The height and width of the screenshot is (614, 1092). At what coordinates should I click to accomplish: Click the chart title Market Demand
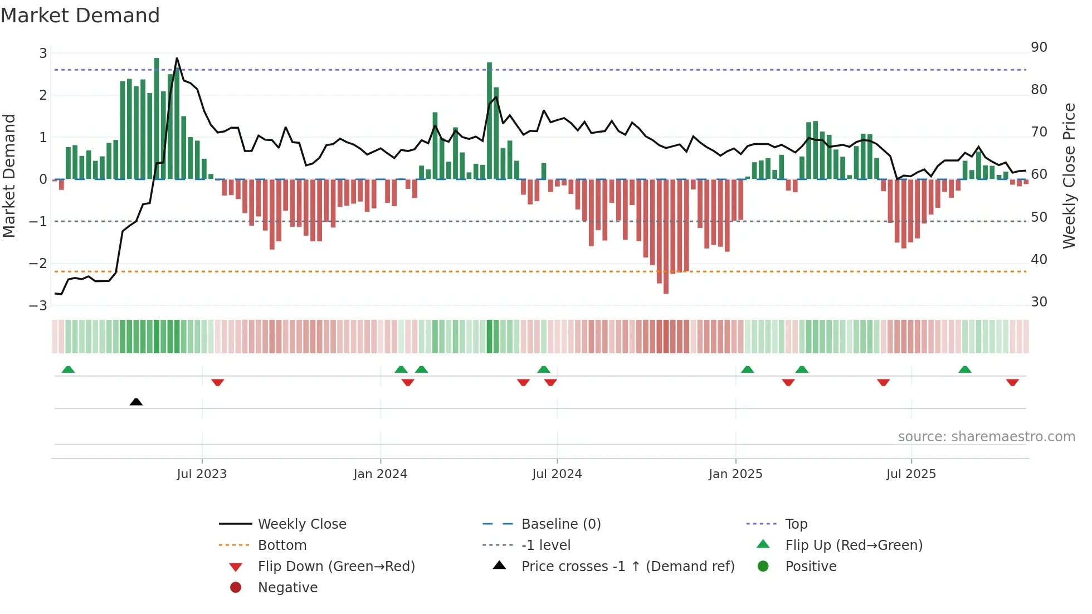[80, 16]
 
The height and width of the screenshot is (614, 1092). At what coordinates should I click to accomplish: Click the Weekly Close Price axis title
[1069, 176]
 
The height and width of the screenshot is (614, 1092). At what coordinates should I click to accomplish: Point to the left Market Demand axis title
[9, 176]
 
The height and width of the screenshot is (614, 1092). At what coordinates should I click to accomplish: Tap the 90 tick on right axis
[1039, 47]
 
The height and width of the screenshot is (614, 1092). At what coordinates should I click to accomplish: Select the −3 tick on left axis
[38, 306]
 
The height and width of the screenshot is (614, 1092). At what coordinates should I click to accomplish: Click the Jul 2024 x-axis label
[557, 474]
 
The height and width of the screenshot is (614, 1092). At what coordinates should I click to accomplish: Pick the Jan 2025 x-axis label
[735, 474]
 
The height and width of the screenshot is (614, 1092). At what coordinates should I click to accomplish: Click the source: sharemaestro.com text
[986, 437]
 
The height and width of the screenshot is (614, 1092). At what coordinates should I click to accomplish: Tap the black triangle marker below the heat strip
[136, 402]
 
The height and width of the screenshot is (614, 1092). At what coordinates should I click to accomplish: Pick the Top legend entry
[796, 524]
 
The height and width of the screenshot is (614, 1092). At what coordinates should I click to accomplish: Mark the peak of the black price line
[177, 59]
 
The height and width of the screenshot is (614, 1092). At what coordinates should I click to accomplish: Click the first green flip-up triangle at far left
[68, 369]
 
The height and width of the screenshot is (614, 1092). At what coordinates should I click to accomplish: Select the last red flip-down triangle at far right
[1012, 382]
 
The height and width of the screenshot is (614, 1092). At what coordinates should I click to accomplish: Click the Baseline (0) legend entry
[560, 524]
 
